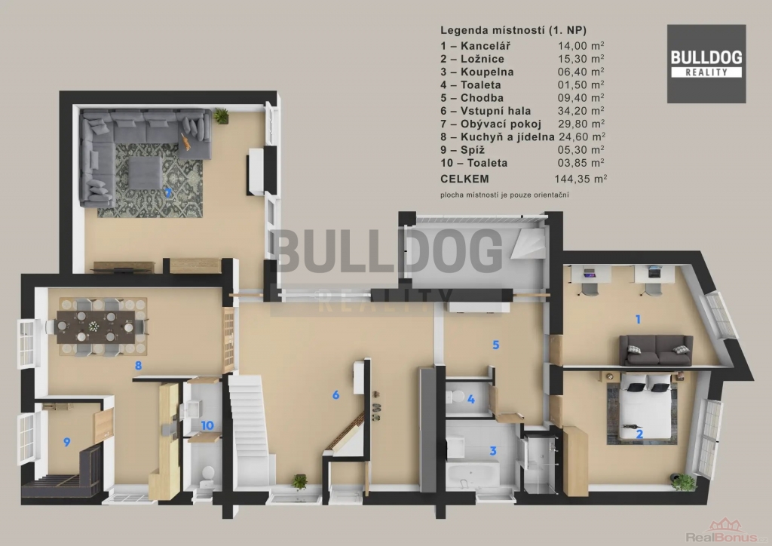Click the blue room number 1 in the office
pyautogui.click(x=638, y=320)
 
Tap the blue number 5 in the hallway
pyautogui.click(x=496, y=345)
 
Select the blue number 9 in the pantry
pyautogui.click(x=67, y=442)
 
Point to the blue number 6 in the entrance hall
pyautogui.click(x=335, y=394)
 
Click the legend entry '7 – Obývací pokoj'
pyautogui.click(x=491, y=124)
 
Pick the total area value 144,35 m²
pyautogui.click(x=581, y=179)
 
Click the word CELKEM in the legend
pyautogui.click(x=464, y=179)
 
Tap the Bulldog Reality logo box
pyautogui.click(x=706, y=64)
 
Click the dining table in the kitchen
pyautogui.click(x=96, y=327)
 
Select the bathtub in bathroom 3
pyautogui.click(x=473, y=474)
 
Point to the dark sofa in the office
pyautogui.click(x=656, y=350)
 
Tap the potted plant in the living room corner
pyautogui.click(x=221, y=115)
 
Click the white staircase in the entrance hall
pyautogui.click(x=250, y=429)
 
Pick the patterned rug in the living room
pyautogui.click(x=150, y=181)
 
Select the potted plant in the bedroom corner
pyautogui.click(x=684, y=481)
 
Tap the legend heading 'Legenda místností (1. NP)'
pyautogui.click(x=513, y=30)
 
